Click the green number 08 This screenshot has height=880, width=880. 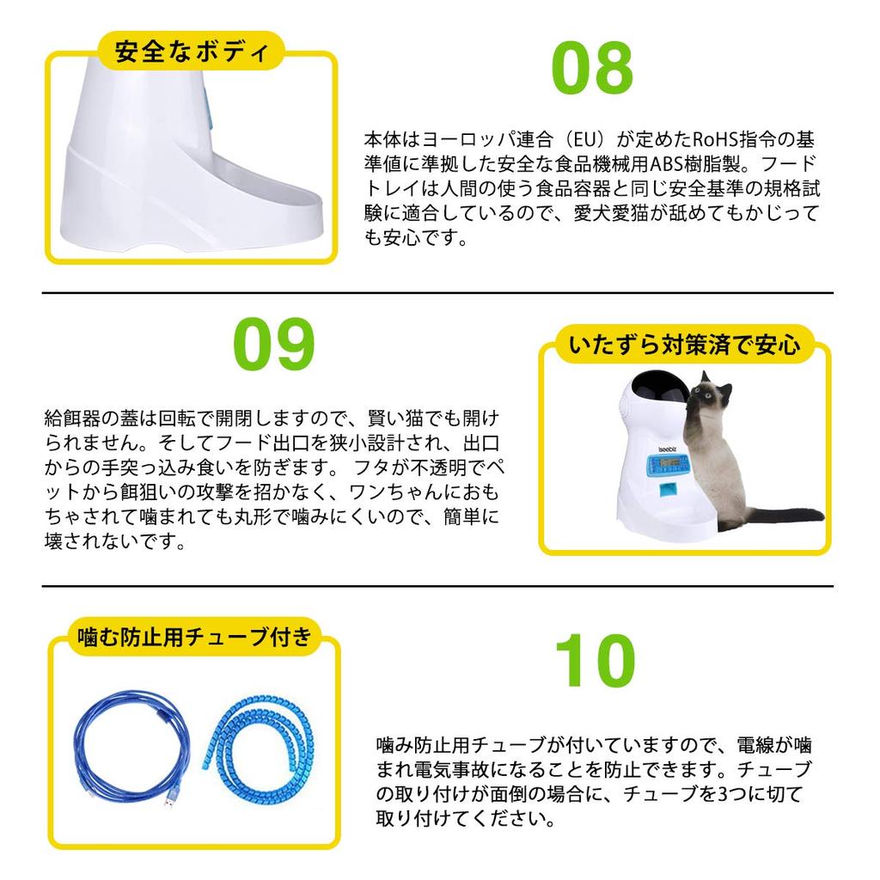point(592,69)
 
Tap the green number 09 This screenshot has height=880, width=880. point(274,344)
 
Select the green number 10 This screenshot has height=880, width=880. point(595,660)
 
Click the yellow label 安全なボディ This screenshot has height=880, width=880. point(191,52)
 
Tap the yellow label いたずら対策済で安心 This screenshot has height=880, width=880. point(684,345)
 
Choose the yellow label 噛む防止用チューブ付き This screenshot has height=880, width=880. point(194,637)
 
